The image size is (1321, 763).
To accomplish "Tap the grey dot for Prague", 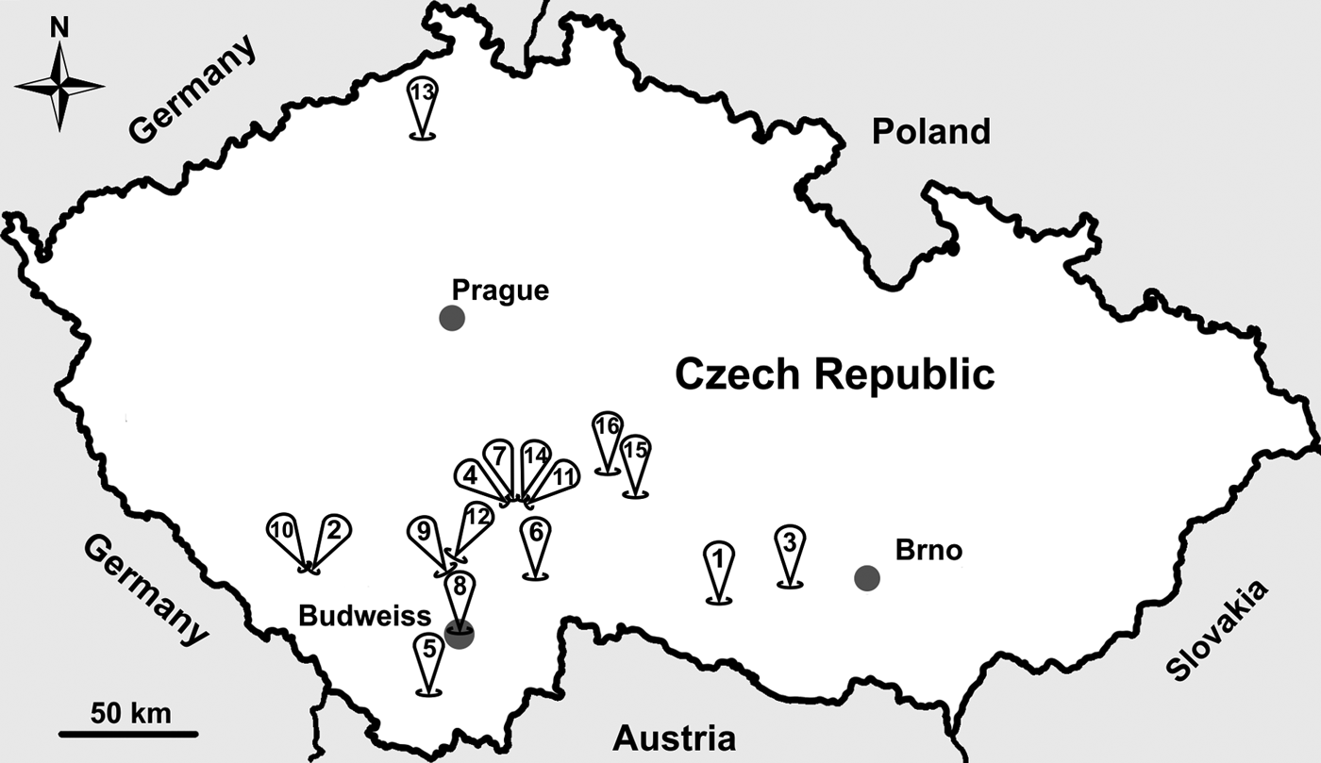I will [x=452, y=318].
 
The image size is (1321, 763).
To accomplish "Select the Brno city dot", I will [x=867, y=577].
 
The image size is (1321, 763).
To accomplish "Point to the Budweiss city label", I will [x=364, y=616].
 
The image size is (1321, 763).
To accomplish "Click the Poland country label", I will [x=930, y=131].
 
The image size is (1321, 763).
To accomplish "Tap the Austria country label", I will [x=675, y=737].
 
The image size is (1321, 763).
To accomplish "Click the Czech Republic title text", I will [x=834, y=373].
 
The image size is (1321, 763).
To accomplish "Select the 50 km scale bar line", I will [x=129, y=733].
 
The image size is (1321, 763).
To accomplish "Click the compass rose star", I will [x=59, y=86].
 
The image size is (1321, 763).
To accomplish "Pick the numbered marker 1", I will [x=718, y=560].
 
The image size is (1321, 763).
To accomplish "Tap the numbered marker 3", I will [x=790, y=544].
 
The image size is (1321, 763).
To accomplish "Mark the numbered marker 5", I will [x=428, y=651].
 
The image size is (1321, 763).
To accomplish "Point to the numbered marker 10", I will [x=282, y=532].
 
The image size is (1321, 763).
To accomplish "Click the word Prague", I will [x=500, y=290].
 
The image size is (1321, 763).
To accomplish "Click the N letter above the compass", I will [x=59, y=29].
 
